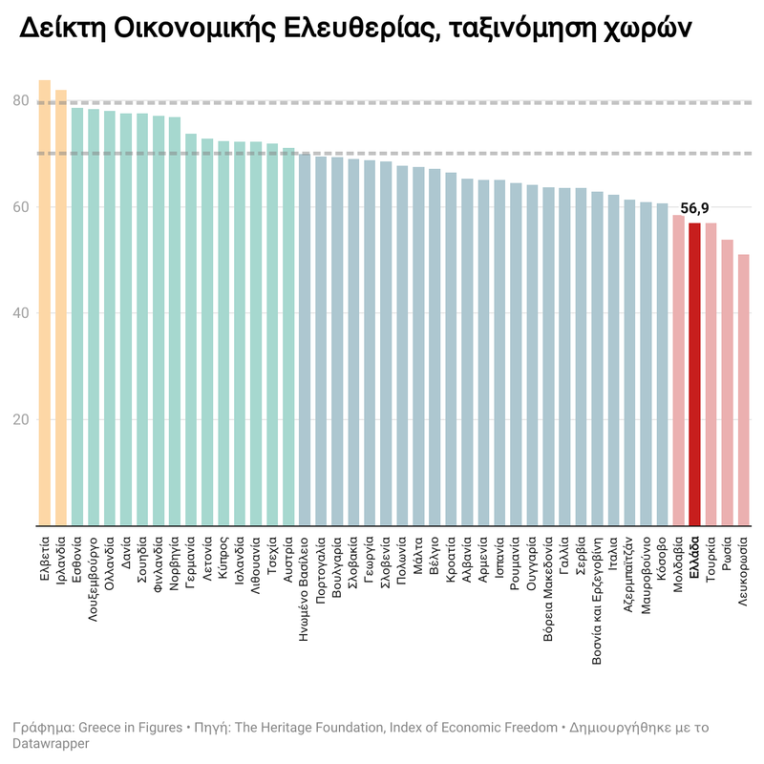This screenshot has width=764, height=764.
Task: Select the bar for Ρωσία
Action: pyautogui.click(x=727, y=382)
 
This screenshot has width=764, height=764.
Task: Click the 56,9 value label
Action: pyautogui.click(x=694, y=208)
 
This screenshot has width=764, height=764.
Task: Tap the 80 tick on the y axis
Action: pyautogui.click(x=21, y=101)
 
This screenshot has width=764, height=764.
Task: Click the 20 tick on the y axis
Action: pyautogui.click(x=21, y=419)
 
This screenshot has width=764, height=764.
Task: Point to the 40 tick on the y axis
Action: pyautogui.click(x=21, y=313)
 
